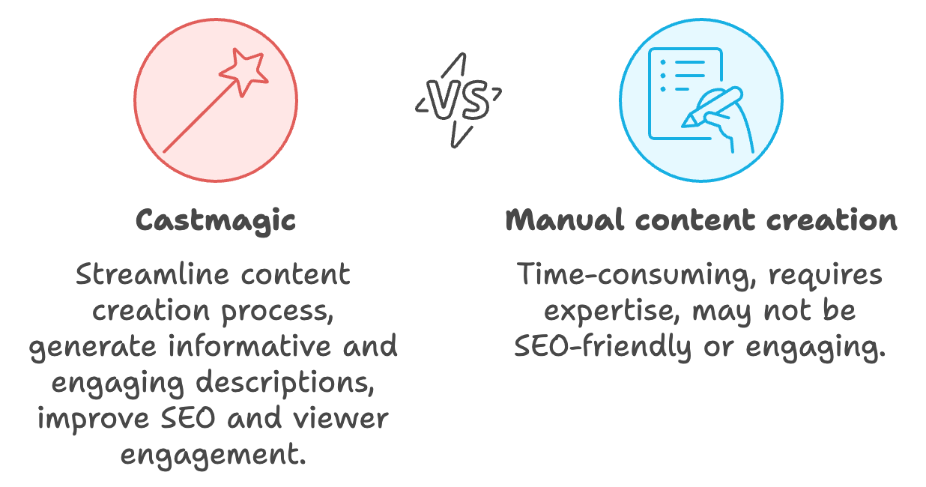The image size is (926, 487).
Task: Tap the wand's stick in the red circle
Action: pos(201,117)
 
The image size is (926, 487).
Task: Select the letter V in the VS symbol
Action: pos(443,100)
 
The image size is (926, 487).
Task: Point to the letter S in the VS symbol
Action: pos(474,100)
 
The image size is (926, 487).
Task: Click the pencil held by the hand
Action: pos(712,106)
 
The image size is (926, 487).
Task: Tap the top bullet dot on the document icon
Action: pos(663,62)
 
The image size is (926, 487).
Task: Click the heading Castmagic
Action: pos(216,221)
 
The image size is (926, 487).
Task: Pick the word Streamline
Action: pos(152,273)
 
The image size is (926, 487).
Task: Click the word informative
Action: pos(249,345)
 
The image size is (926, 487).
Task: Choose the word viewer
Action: pos(341,418)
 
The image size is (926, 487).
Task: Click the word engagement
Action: pos(214,456)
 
